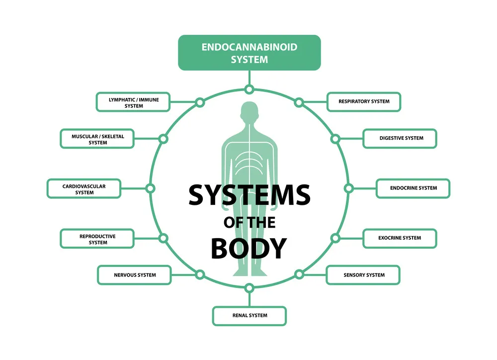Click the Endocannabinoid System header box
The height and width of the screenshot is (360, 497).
pyautogui.click(x=249, y=53)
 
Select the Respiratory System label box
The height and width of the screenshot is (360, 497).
pyautogui.click(x=364, y=101)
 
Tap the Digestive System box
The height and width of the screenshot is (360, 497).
pyautogui.click(x=400, y=138)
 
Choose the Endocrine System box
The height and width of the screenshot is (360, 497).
pyautogui.click(x=413, y=188)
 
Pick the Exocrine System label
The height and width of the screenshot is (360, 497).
pyautogui.click(x=400, y=238)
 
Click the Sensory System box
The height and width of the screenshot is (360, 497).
pyautogui.click(x=363, y=275)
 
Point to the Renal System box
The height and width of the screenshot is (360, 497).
pyautogui.click(x=249, y=316)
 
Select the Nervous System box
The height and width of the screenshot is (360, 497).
pyautogui.click(x=134, y=275)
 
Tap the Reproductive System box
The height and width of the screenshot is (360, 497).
pyautogui.click(x=97, y=239)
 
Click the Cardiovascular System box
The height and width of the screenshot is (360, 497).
pyautogui.click(x=84, y=189)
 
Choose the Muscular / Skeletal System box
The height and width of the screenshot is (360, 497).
pyautogui.click(x=97, y=139)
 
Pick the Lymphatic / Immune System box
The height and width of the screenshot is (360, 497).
pyautogui.click(x=133, y=102)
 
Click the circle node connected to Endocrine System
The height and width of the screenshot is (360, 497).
pyautogui.click(x=349, y=188)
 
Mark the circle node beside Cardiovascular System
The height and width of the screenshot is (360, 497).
pyautogui.click(x=150, y=188)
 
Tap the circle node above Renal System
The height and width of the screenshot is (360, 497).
pyautogui.click(x=249, y=287)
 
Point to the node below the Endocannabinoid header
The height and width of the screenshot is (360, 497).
pyautogui.click(x=249, y=90)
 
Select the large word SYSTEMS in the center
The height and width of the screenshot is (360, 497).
pyautogui.click(x=249, y=195)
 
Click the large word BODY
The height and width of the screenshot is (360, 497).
pyautogui.click(x=249, y=248)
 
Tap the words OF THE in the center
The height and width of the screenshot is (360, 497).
pyautogui.click(x=249, y=222)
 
